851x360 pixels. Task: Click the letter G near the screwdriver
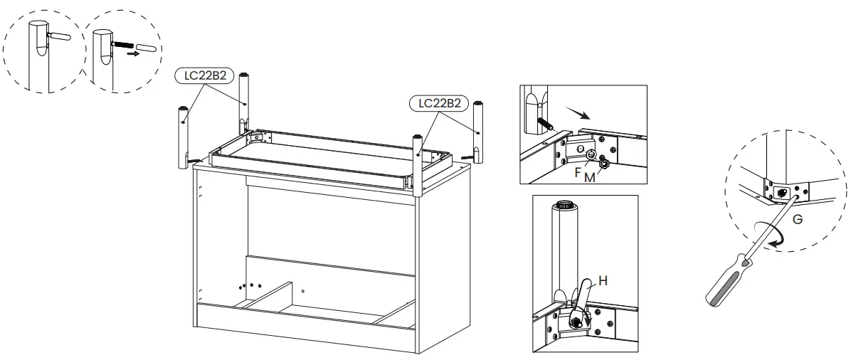798,221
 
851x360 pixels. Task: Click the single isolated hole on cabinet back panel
303,291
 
